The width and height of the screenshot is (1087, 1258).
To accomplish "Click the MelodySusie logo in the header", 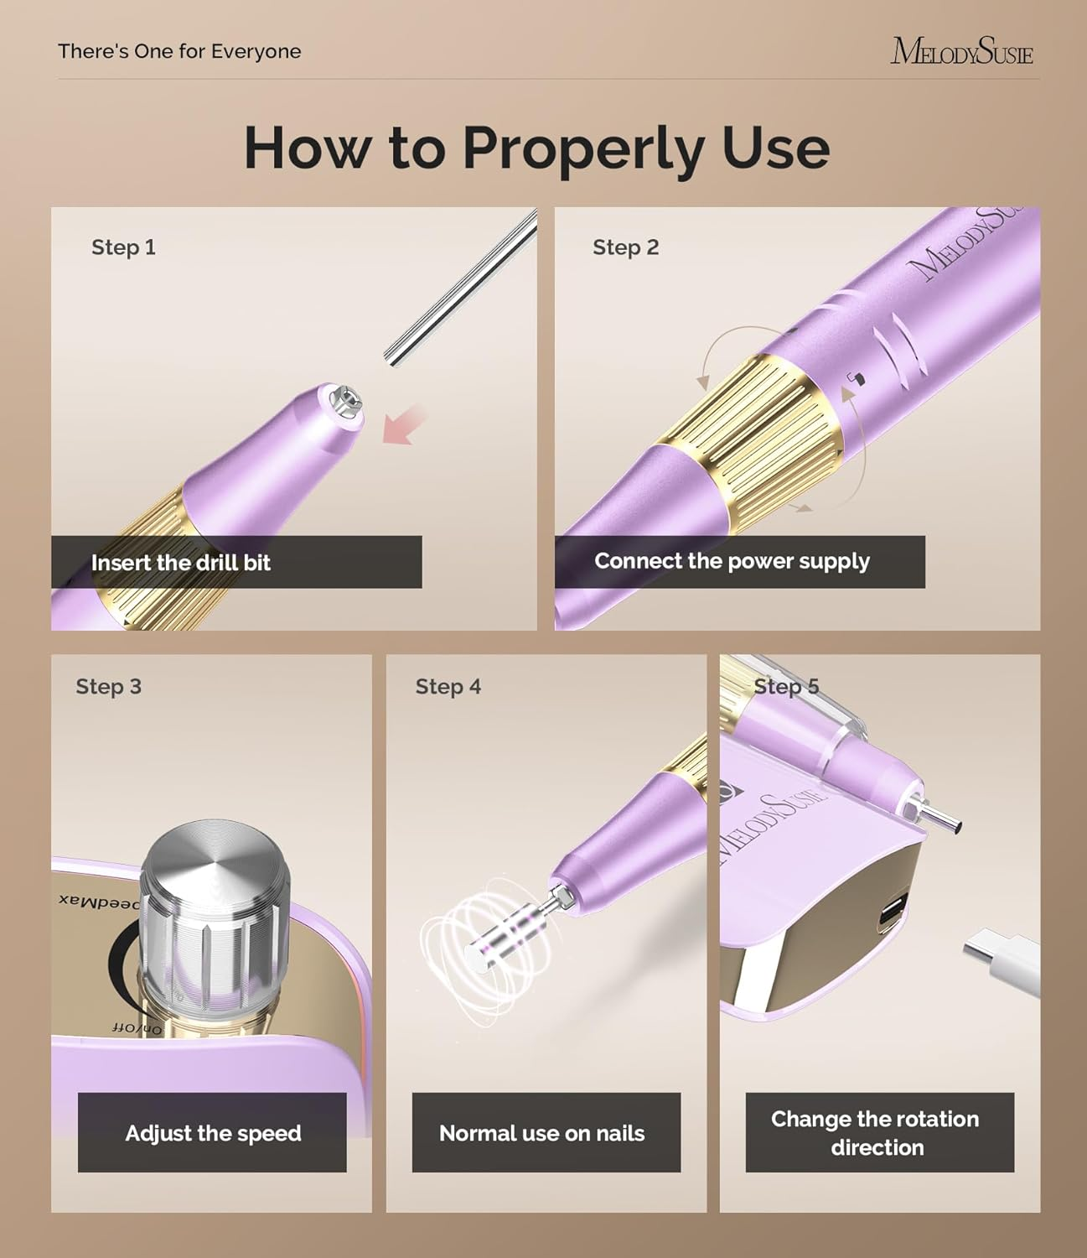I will click(x=961, y=51).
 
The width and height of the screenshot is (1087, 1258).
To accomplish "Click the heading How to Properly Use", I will click(x=536, y=148).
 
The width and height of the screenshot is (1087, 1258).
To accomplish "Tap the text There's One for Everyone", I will click(x=179, y=51).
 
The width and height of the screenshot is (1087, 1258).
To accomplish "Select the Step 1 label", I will click(x=123, y=247).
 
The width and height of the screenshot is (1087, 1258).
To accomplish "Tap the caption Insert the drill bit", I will click(x=181, y=563).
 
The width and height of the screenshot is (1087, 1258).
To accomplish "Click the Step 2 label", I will click(x=625, y=247).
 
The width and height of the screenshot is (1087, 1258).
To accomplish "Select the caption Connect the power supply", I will click(x=732, y=561).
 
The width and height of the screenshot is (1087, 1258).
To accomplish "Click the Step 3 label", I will click(x=108, y=687).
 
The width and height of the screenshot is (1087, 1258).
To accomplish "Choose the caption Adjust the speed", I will click(x=213, y=1133).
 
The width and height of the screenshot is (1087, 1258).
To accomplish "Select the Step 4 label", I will click(x=448, y=687).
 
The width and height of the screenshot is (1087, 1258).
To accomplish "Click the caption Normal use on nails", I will click(x=542, y=1133).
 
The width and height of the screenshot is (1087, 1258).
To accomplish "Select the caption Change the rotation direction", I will click(x=876, y=1133).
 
